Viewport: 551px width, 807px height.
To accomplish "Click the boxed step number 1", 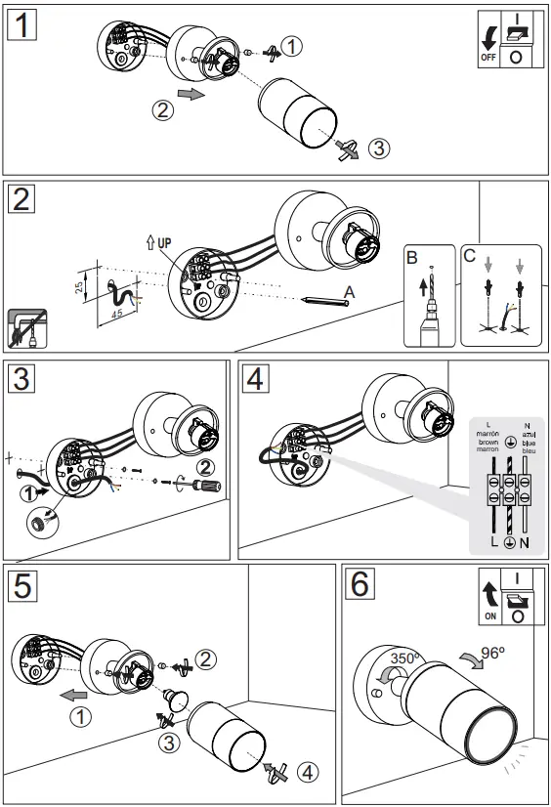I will pos(22,22).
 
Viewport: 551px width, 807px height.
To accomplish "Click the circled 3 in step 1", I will pos(378,149).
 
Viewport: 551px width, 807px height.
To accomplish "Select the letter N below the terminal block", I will pos(525,541).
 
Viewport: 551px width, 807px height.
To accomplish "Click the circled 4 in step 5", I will pos(305,772).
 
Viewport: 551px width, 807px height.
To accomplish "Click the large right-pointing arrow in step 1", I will pos(196,95).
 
